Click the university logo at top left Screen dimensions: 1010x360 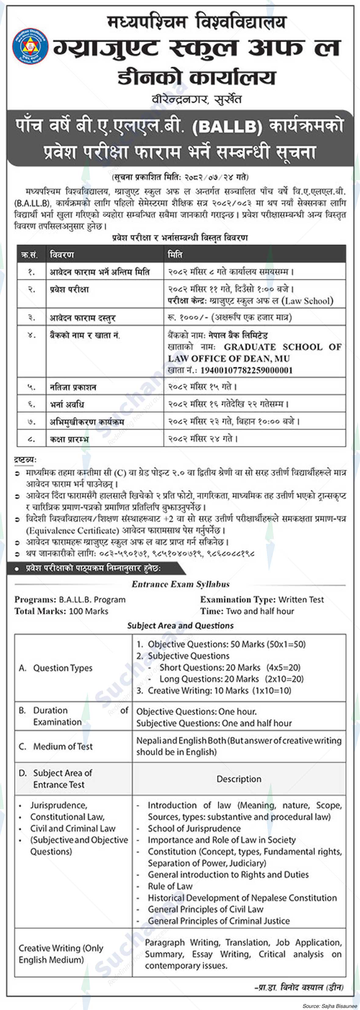pos(30,47)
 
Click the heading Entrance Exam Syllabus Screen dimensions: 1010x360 pos(180,584)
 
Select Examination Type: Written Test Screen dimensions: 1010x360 pos(262,599)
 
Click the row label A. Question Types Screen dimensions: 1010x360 pos(56,668)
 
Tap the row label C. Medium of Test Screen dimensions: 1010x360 pos(56,746)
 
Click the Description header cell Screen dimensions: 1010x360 pos(239,779)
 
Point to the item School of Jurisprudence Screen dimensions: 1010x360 pos(194,828)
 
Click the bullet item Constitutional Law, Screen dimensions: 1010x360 pos(67,817)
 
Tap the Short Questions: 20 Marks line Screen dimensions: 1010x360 pos(210,667)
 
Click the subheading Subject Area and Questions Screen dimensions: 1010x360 pos(180,625)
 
